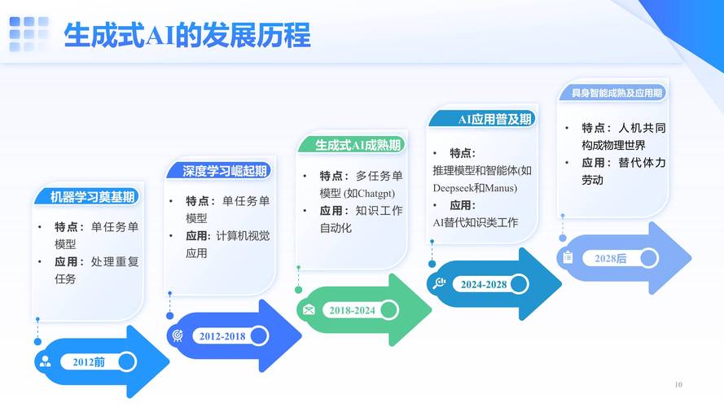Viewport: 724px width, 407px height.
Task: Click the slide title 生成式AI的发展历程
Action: [x=187, y=36]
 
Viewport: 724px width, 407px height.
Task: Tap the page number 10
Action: [x=678, y=384]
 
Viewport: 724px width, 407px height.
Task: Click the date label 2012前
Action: [x=89, y=361]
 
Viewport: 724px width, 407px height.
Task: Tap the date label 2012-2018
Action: [x=222, y=336]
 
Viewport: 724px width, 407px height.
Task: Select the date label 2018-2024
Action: [x=352, y=310]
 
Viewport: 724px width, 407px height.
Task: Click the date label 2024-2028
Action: [x=484, y=284]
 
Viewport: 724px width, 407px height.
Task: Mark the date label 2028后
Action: [x=610, y=258]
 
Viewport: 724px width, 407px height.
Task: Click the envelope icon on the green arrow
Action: [x=309, y=310]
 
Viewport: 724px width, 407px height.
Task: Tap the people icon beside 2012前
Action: [x=45, y=361]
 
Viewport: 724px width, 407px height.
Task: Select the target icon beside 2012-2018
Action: [x=177, y=335]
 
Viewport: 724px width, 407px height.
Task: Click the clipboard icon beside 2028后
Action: [x=568, y=257]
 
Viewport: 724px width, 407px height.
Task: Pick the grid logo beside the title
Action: [x=29, y=34]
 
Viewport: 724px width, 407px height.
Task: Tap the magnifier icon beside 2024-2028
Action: [x=439, y=283]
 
